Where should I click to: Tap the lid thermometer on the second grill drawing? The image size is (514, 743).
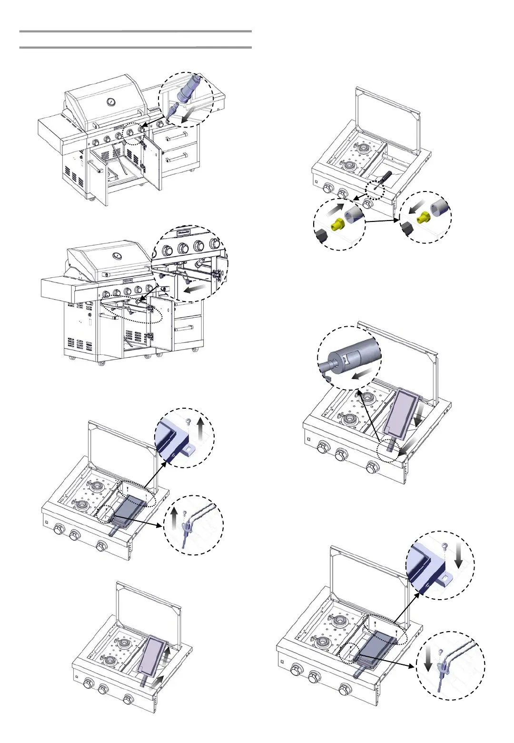point(116,256)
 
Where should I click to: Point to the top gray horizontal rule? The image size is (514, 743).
point(135,31)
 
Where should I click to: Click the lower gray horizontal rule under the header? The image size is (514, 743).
point(135,48)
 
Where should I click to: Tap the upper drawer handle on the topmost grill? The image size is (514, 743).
point(179,138)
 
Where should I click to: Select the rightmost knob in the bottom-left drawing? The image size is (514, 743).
point(128,700)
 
